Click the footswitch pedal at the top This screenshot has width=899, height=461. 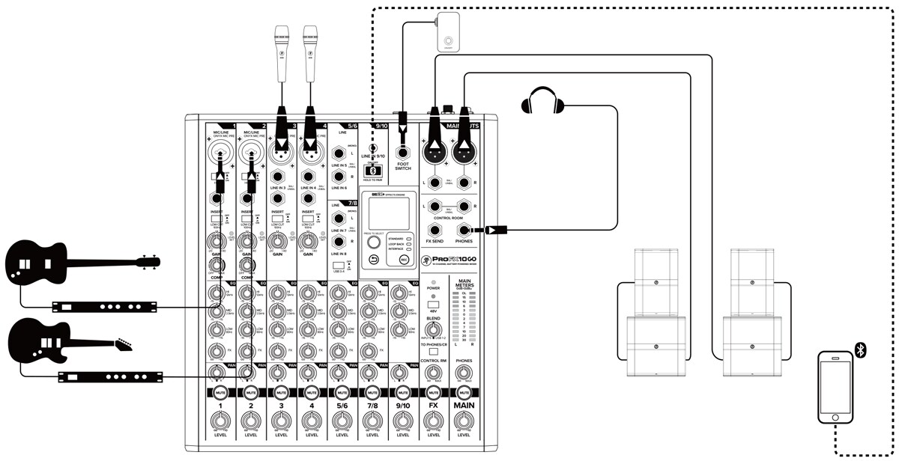coord(447,31)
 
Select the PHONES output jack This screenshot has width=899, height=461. coord(464,230)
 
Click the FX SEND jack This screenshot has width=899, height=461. coord(433,230)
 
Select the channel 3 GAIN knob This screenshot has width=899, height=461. coord(277,241)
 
